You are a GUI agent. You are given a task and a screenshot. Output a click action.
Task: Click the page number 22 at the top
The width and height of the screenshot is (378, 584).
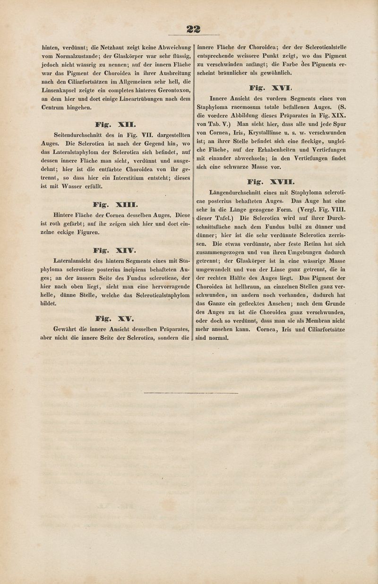pos(193,29)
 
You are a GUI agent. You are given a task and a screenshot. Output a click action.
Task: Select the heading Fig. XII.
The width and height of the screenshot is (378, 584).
pos(116,125)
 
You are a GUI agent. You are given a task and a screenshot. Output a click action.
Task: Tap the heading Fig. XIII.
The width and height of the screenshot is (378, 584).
pos(116,204)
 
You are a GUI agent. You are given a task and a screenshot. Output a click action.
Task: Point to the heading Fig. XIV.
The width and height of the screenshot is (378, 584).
pos(116,250)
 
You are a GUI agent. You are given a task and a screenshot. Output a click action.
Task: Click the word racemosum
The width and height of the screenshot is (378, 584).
pos(245,107)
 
